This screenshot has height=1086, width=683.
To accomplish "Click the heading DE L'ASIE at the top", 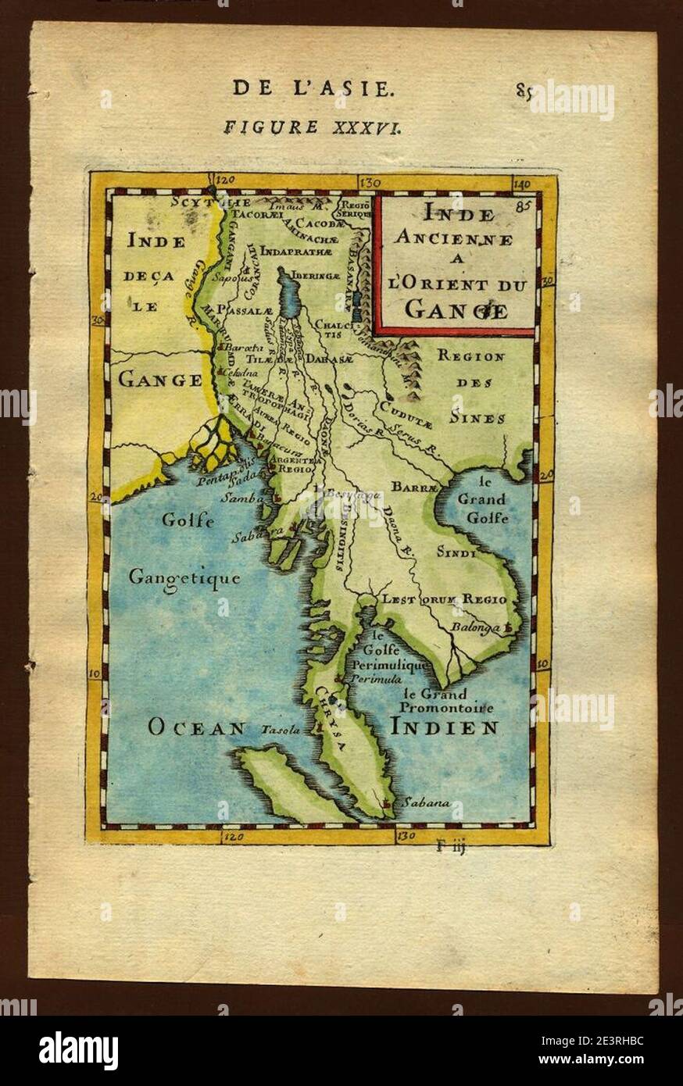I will [x=309, y=88].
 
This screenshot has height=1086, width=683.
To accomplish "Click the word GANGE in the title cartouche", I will [x=456, y=310].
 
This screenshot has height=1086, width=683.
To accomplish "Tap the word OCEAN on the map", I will [x=196, y=728].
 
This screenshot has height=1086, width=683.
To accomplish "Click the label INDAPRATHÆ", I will [x=295, y=252].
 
